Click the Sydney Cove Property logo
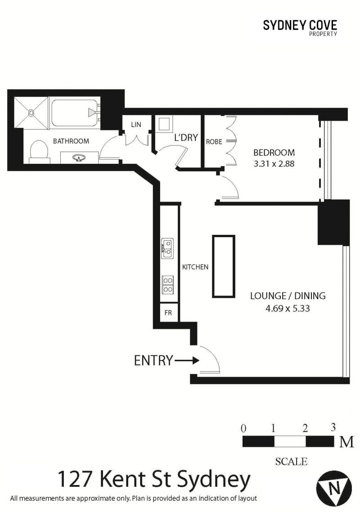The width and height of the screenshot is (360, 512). click(x=300, y=28)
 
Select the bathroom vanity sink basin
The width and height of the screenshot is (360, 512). click(x=79, y=158)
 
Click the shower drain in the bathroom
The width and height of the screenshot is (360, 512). click(x=31, y=113)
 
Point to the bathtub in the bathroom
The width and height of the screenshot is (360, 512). click(x=76, y=113)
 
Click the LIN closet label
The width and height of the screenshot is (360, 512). click(x=136, y=125)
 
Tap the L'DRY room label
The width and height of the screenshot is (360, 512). click(x=186, y=138)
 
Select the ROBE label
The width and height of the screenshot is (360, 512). click(x=214, y=142)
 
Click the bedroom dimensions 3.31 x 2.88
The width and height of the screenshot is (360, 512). click(x=274, y=164)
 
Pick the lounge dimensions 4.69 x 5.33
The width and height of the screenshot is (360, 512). click(x=288, y=308)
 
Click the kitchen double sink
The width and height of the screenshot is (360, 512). click(x=167, y=248)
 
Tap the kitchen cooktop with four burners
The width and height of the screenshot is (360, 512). click(x=167, y=285)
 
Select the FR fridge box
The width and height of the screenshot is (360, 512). click(x=169, y=312)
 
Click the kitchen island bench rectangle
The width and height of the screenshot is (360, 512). click(x=224, y=266)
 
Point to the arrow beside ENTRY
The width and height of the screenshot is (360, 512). click(x=187, y=360)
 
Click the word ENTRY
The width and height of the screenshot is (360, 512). click(x=153, y=360)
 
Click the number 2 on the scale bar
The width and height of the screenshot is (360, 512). click(x=305, y=428)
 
